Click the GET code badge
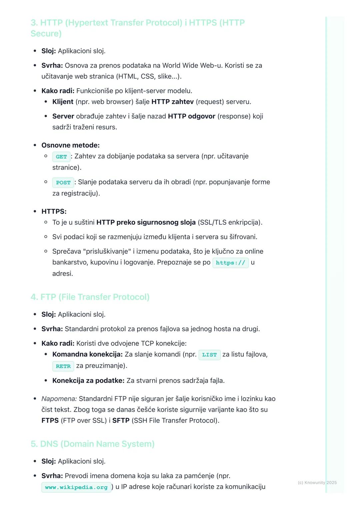61,157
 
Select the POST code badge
63,183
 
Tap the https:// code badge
230,262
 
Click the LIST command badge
209,355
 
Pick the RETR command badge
63,366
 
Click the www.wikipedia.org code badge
76,487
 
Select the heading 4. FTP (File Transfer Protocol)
90,297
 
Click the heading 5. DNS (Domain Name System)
92,444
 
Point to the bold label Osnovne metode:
70,145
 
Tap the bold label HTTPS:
54,211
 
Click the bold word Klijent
63,102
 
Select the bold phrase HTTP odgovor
192,116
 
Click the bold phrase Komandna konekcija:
87,354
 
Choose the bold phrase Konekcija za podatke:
88,380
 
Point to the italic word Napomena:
59,399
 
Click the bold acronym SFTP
121,420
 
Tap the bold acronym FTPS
50,420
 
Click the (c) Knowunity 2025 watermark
317,482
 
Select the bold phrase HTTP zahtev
172,102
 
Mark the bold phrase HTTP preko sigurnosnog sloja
146,222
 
